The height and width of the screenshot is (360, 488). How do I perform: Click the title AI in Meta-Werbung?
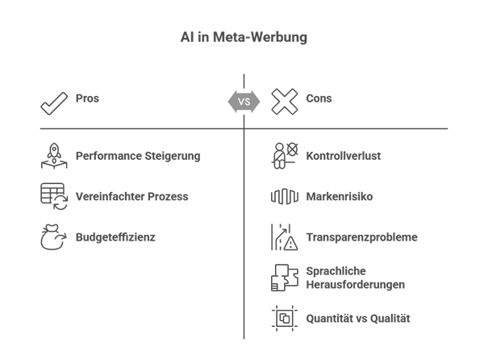pyautogui.click(x=244, y=38)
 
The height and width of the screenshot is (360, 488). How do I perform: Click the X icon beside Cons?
pyautogui.click(x=285, y=102)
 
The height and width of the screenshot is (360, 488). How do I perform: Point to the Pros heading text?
pyautogui.click(x=87, y=98)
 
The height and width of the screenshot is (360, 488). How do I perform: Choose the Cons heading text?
pyautogui.click(x=319, y=98)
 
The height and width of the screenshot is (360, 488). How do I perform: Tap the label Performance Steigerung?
pyautogui.click(x=138, y=156)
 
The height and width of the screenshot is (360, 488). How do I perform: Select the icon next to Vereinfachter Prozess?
pyautogui.click(x=54, y=197)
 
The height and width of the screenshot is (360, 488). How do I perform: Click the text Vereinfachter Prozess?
pyautogui.click(x=133, y=196)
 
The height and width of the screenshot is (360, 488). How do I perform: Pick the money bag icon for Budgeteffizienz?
pyautogui.click(x=54, y=238)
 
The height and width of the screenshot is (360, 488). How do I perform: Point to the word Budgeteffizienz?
pyautogui.click(x=115, y=238)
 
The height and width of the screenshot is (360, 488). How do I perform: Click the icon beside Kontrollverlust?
pyautogui.click(x=285, y=156)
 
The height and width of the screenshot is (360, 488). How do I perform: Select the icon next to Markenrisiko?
pyautogui.click(x=285, y=197)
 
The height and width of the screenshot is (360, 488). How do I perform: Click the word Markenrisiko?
pyautogui.click(x=338, y=197)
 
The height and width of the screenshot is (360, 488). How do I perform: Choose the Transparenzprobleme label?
pyautogui.click(x=361, y=238)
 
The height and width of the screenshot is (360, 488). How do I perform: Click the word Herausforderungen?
pyautogui.click(x=355, y=285)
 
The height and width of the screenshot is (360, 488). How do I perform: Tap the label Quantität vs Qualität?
pyautogui.click(x=357, y=319)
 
